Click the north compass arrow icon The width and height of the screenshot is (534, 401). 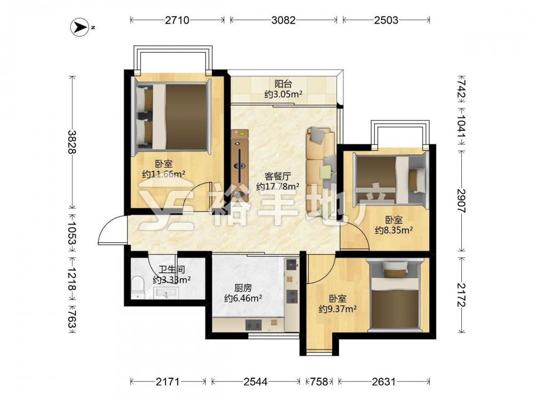pyautogui.click(x=80, y=27)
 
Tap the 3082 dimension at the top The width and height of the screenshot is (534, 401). pyautogui.click(x=284, y=20)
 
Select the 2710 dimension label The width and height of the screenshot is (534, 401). pyautogui.click(x=177, y=20)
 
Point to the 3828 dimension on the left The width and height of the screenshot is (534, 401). pyautogui.click(x=71, y=142)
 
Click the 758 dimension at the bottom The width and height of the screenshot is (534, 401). pyautogui.click(x=319, y=381)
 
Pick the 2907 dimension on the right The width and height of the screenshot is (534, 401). pyautogui.click(x=461, y=201)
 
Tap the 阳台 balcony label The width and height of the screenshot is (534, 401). pyautogui.click(x=284, y=83)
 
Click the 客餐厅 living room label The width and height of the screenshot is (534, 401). pyautogui.click(x=278, y=176)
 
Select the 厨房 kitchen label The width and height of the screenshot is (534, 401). pyautogui.click(x=243, y=288)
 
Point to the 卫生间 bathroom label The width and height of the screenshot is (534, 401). pyautogui.click(x=171, y=269)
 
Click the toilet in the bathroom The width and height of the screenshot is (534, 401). pyautogui.click(x=138, y=288)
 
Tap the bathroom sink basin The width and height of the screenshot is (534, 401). pyautogui.click(x=166, y=293)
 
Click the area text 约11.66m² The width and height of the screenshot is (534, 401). pyautogui.click(x=163, y=174)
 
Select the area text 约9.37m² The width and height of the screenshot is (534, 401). pyautogui.click(x=337, y=309)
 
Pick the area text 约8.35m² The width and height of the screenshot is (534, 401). pyautogui.click(x=394, y=230)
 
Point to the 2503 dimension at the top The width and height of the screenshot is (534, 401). pyautogui.click(x=386, y=20)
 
